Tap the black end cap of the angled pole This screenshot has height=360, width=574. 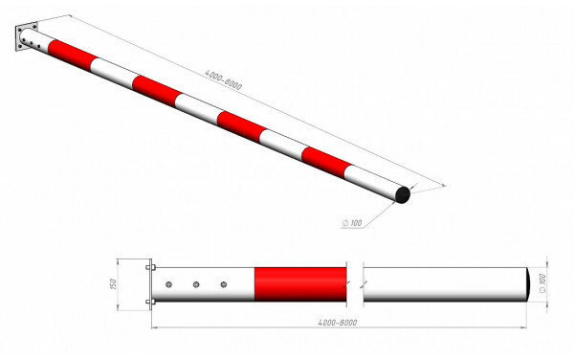pyautogui.click(x=403, y=194)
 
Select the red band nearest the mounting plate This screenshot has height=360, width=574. pyautogui.click(x=72, y=56)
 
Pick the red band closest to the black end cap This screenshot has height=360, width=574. pyautogui.click(x=326, y=163)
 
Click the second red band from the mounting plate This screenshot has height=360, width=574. pyautogui.click(x=156, y=91)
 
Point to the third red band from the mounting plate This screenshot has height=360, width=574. pyautogui.click(x=242, y=127)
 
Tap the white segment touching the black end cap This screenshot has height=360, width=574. pyautogui.click(x=371, y=182)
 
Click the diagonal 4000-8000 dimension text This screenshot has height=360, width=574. pyautogui.click(x=223, y=80)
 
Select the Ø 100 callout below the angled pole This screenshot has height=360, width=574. pyautogui.click(x=352, y=223)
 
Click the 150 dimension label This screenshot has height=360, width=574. pyautogui.click(x=113, y=284)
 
